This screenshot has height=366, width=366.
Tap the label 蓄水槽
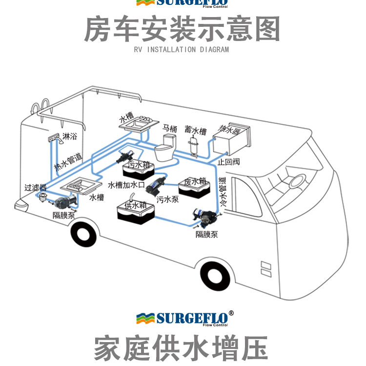[195, 131]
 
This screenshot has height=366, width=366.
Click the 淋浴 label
[70, 137]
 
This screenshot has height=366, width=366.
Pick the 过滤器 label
[36, 187]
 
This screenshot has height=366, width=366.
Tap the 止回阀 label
[228, 162]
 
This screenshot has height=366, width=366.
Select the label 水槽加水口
[124, 185]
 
